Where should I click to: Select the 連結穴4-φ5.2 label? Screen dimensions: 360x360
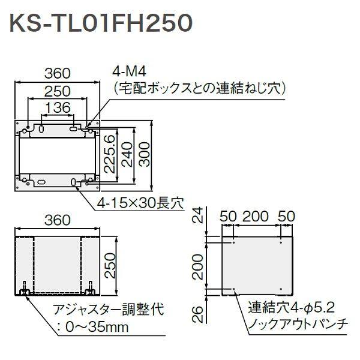(x=291, y=310)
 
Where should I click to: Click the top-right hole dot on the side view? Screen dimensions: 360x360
(x=281, y=244)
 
